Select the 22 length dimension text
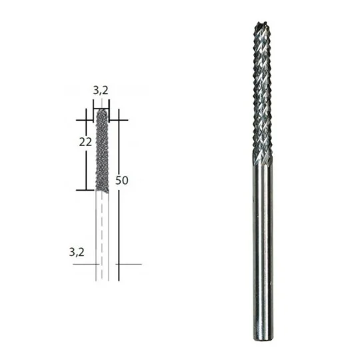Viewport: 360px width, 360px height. coord(85,142)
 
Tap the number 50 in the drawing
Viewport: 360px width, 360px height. coord(122,180)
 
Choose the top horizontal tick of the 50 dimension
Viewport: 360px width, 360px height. coord(118,120)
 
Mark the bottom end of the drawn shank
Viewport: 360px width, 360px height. coord(102,278)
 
